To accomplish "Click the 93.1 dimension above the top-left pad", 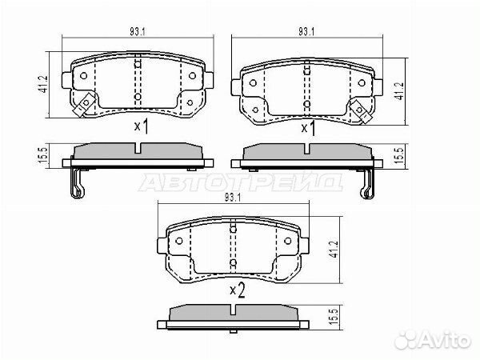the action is [137, 31].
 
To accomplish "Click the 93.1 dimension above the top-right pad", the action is [306, 31].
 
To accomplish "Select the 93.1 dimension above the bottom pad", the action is [233, 198].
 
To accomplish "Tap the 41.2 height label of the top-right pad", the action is [399, 91].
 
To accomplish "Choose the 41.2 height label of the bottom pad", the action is [334, 249].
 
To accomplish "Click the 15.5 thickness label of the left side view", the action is [43, 155].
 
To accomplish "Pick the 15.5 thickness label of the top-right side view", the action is [399, 155].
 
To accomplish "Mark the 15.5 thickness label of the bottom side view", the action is [334, 317].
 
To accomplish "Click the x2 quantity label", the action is [238, 290].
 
